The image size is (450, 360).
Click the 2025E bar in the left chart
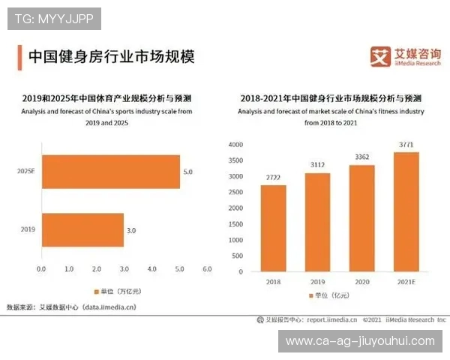click(x=110, y=172)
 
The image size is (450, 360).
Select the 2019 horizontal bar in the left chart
click(x=82, y=230)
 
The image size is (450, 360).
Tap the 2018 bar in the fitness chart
click(x=273, y=228)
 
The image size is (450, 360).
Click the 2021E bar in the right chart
click(x=406, y=211)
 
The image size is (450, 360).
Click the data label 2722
click(x=273, y=178)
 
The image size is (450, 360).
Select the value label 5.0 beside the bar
click(x=187, y=172)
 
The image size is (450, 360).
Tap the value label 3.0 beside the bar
click(x=131, y=230)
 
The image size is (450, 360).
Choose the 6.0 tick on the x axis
click(x=207, y=268)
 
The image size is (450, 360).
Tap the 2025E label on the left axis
click(x=26, y=172)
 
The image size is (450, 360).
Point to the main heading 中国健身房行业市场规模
click(x=110, y=56)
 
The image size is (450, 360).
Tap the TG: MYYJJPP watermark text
click(x=54, y=19)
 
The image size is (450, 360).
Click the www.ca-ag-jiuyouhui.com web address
click(x=360, y=341)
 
